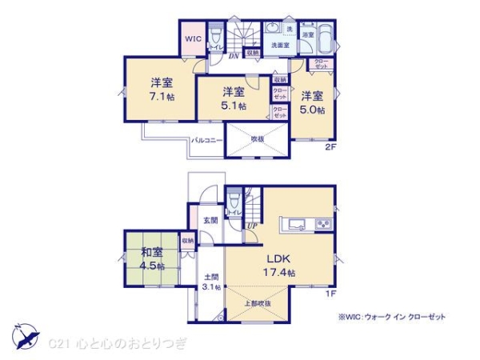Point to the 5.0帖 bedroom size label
click(x=312, y=110)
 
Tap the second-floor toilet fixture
click(x=215, y=36)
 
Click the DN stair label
click(x=232, y=56)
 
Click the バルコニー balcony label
click(x=206, y=141)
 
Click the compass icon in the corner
click(x=24, y=337)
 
